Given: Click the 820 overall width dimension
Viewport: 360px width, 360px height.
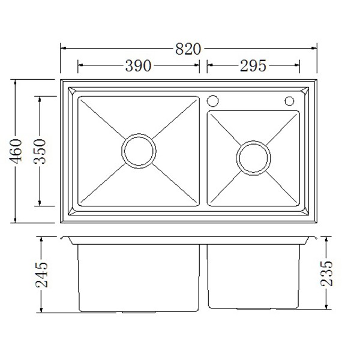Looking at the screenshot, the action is coord(188,49).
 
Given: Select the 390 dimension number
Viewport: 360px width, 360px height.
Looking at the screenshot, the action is coord(138,65).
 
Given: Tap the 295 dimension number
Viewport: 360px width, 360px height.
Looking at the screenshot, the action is coord(253,65).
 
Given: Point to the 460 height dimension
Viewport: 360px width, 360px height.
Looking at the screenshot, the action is coord(16,151).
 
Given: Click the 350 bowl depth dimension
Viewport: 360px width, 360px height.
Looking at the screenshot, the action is coord(40,151).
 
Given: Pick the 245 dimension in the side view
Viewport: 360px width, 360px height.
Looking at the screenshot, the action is coord(42,275).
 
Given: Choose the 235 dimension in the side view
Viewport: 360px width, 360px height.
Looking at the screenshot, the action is coord(326,273).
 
